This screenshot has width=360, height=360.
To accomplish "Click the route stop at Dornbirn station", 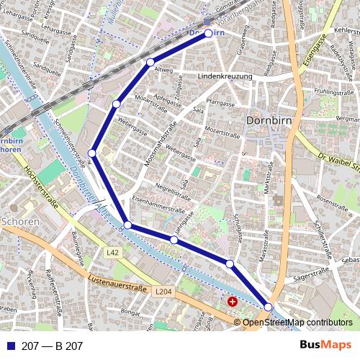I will tap(209, 33).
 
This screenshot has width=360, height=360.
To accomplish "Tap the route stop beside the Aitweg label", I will tap(150, 63).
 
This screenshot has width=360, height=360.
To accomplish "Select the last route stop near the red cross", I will tap(269, 307).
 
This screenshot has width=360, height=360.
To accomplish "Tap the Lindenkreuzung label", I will tap(224, 76).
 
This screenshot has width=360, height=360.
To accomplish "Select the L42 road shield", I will tap(112, 253).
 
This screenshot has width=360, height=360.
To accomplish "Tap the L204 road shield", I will tap(163, 292).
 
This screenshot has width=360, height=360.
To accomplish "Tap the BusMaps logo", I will tap(326, 345).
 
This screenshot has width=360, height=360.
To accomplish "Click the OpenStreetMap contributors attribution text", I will tap(297, 323).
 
